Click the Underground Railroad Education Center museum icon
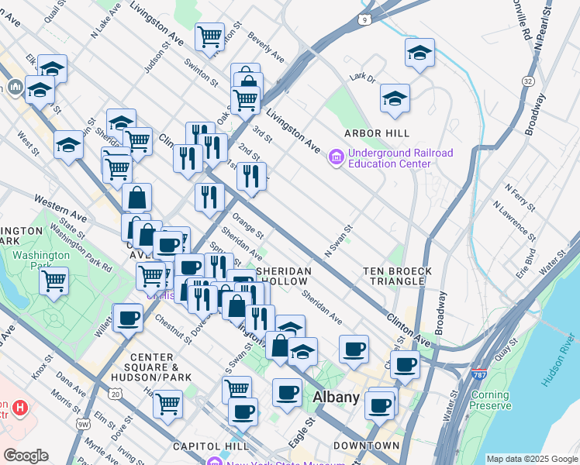click(x=337, y=158)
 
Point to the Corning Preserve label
click(x=490, y=400)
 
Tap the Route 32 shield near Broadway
click(x=529, y=81)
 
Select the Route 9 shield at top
click(x=364, y=18)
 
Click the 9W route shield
click(x=83, y=424)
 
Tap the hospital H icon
click(x=20, y=406)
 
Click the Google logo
click(x=26, y=456)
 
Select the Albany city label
click(x=336, y=398)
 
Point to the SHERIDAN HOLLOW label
click(x=284, y=276)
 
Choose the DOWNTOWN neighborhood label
click(x=366, y=446)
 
